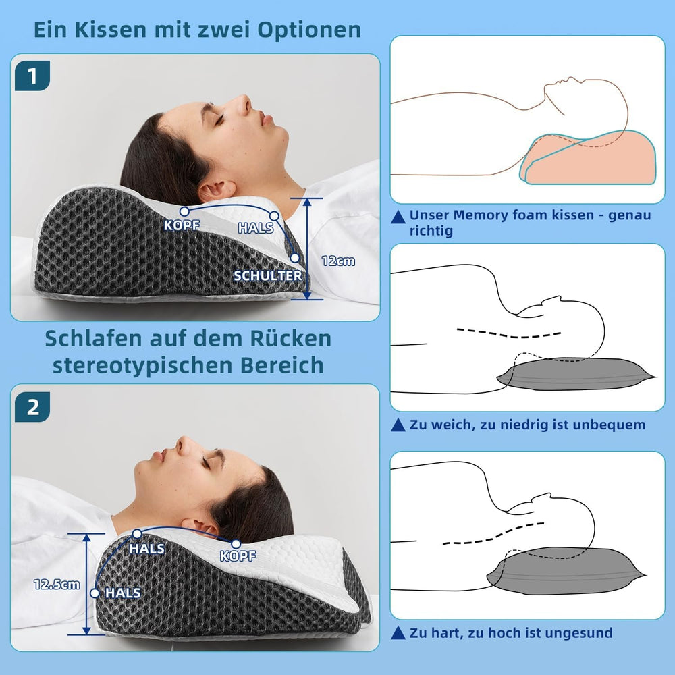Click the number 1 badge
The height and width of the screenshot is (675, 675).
point(32,76)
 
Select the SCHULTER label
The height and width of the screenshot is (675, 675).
point(268,275)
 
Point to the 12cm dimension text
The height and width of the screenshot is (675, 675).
point(338,261)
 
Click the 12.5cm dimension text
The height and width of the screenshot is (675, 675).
point(57,585)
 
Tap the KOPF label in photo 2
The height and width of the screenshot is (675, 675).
point(238,556)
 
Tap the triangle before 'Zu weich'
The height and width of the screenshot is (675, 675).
point(399,425)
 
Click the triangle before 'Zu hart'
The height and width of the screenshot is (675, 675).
point(399,633)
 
